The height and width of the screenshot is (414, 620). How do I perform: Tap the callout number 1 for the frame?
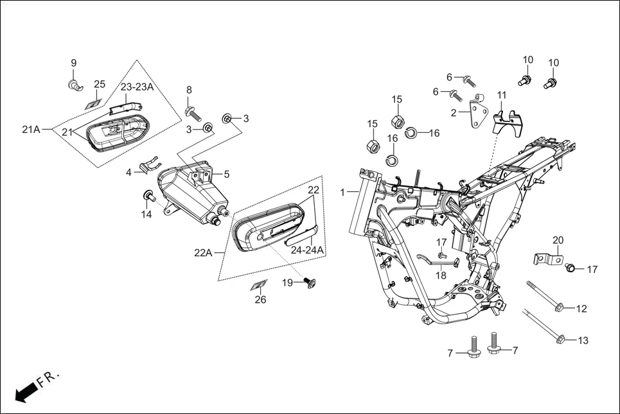click(x=342, y=192)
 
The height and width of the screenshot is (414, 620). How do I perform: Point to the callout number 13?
click(x=583, y=340)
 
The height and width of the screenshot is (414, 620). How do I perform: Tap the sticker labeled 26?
click(x=259, y=284)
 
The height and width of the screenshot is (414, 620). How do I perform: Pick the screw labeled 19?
click(x=309, y=282)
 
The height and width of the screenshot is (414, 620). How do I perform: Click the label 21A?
click(x=31, y=130)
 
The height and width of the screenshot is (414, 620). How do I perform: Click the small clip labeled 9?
click(x=75, y=83)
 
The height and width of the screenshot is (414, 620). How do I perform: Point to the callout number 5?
click(x=226, y=174)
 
